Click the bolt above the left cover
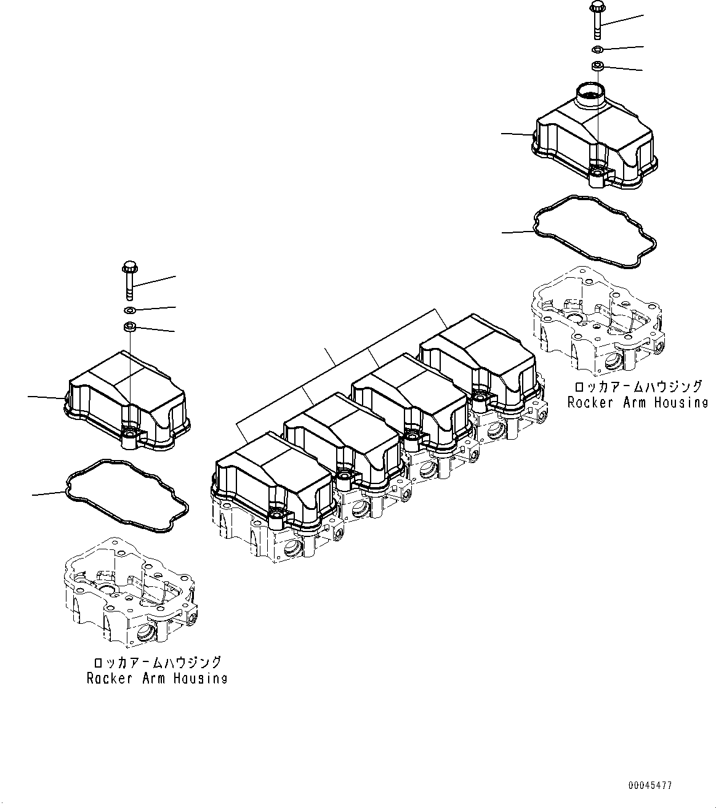pyautogui.click(x=129, y=281)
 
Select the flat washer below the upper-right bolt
pyautogui.click(x=598, y=49)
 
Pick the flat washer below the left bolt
pyautogui.click(x=129, y=309)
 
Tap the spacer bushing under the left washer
pyautogui.click(x=129, y=326)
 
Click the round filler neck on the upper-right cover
pyautogui.click(x=589, y=96)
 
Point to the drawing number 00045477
pyautogui.click(x=650, y=786)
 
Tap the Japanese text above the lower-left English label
pyautogui.click(x=156, y=663)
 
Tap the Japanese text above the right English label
pyautogui.click(x=637, y=387)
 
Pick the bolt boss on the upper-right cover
pyautogui.click(x=597, y=176)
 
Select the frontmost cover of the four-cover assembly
pyautogui.click(x=271, y=480)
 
